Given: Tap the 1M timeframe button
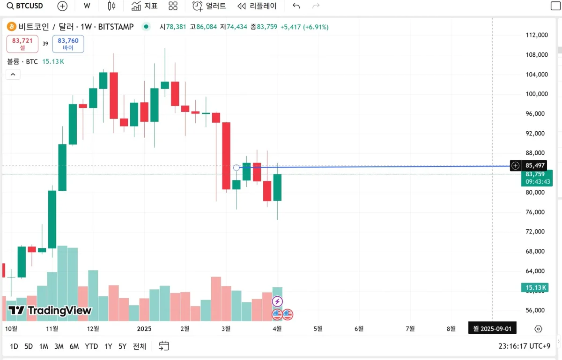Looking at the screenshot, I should tap(44, 346).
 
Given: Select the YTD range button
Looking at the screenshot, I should tap(91, 346).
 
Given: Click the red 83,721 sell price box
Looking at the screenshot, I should tap(22, 44).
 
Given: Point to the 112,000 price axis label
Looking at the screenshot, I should tap(536, 35).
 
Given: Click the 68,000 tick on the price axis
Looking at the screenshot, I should tap(536, 251).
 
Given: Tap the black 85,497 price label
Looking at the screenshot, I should tap(535, 165).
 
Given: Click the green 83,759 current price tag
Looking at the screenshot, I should tap(537, 177).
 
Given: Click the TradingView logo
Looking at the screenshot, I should tap(50, 310).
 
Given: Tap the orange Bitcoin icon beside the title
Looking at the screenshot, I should tap(11, 27).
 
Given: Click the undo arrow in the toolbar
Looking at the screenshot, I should tap(296, 6).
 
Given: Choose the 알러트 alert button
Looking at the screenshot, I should tap(209, 6).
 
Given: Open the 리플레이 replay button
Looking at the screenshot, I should tap(257, 6).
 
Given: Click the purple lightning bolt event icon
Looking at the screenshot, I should tap(277, 301).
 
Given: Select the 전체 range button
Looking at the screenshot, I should tap(140, 346).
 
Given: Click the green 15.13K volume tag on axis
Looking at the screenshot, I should tap(534, 287).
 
